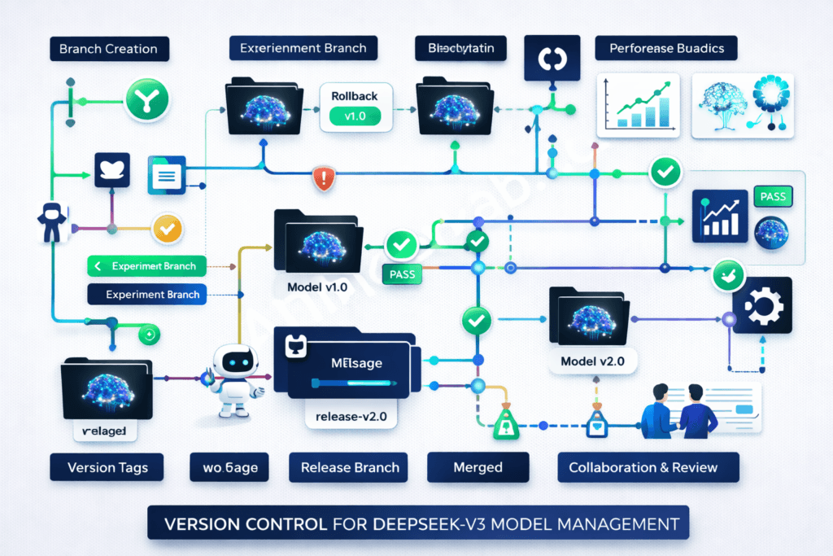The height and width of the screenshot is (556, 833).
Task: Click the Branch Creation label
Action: click(x=108, y=49)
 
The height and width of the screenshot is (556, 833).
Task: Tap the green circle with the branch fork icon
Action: click(x=147, y=100)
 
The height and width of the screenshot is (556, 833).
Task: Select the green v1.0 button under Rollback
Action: click(x=355, y=116)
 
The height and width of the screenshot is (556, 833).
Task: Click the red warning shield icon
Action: click(x=324, y=178)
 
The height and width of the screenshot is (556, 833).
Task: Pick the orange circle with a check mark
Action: click(x=168, y=230)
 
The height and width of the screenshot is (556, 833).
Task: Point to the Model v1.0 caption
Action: click(x=317, y=288)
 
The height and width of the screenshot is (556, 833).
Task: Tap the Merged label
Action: click(x=478, y=467)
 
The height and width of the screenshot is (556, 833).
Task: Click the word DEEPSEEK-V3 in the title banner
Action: click(x=420, y=521)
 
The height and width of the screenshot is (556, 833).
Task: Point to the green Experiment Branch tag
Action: click(x=146, y=266)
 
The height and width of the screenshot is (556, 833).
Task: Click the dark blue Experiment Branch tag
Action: click(x=146, y=294)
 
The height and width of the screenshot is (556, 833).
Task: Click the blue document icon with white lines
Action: click(x=168, y=175)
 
